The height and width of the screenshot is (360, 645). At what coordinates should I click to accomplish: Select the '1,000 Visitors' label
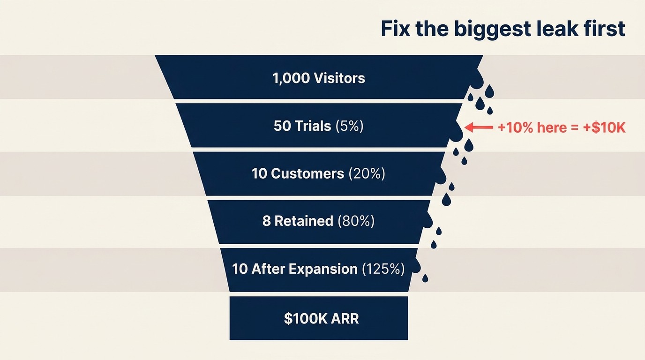319,78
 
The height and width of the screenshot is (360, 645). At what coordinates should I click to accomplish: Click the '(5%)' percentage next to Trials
350,126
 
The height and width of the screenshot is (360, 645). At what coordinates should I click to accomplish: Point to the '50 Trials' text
302,126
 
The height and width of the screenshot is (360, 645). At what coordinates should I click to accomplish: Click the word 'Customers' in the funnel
307,174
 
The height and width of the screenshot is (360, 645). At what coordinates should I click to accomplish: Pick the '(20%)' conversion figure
367,174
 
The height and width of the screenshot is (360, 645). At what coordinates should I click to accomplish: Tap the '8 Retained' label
298,221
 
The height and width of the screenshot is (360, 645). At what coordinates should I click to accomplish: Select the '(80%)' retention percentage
356,221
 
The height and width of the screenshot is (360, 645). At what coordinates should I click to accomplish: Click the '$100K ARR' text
322,319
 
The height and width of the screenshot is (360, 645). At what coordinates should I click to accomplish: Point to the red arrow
479,127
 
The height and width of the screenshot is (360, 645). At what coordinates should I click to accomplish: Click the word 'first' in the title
607,29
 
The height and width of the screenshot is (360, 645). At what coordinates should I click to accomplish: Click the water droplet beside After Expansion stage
425,278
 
